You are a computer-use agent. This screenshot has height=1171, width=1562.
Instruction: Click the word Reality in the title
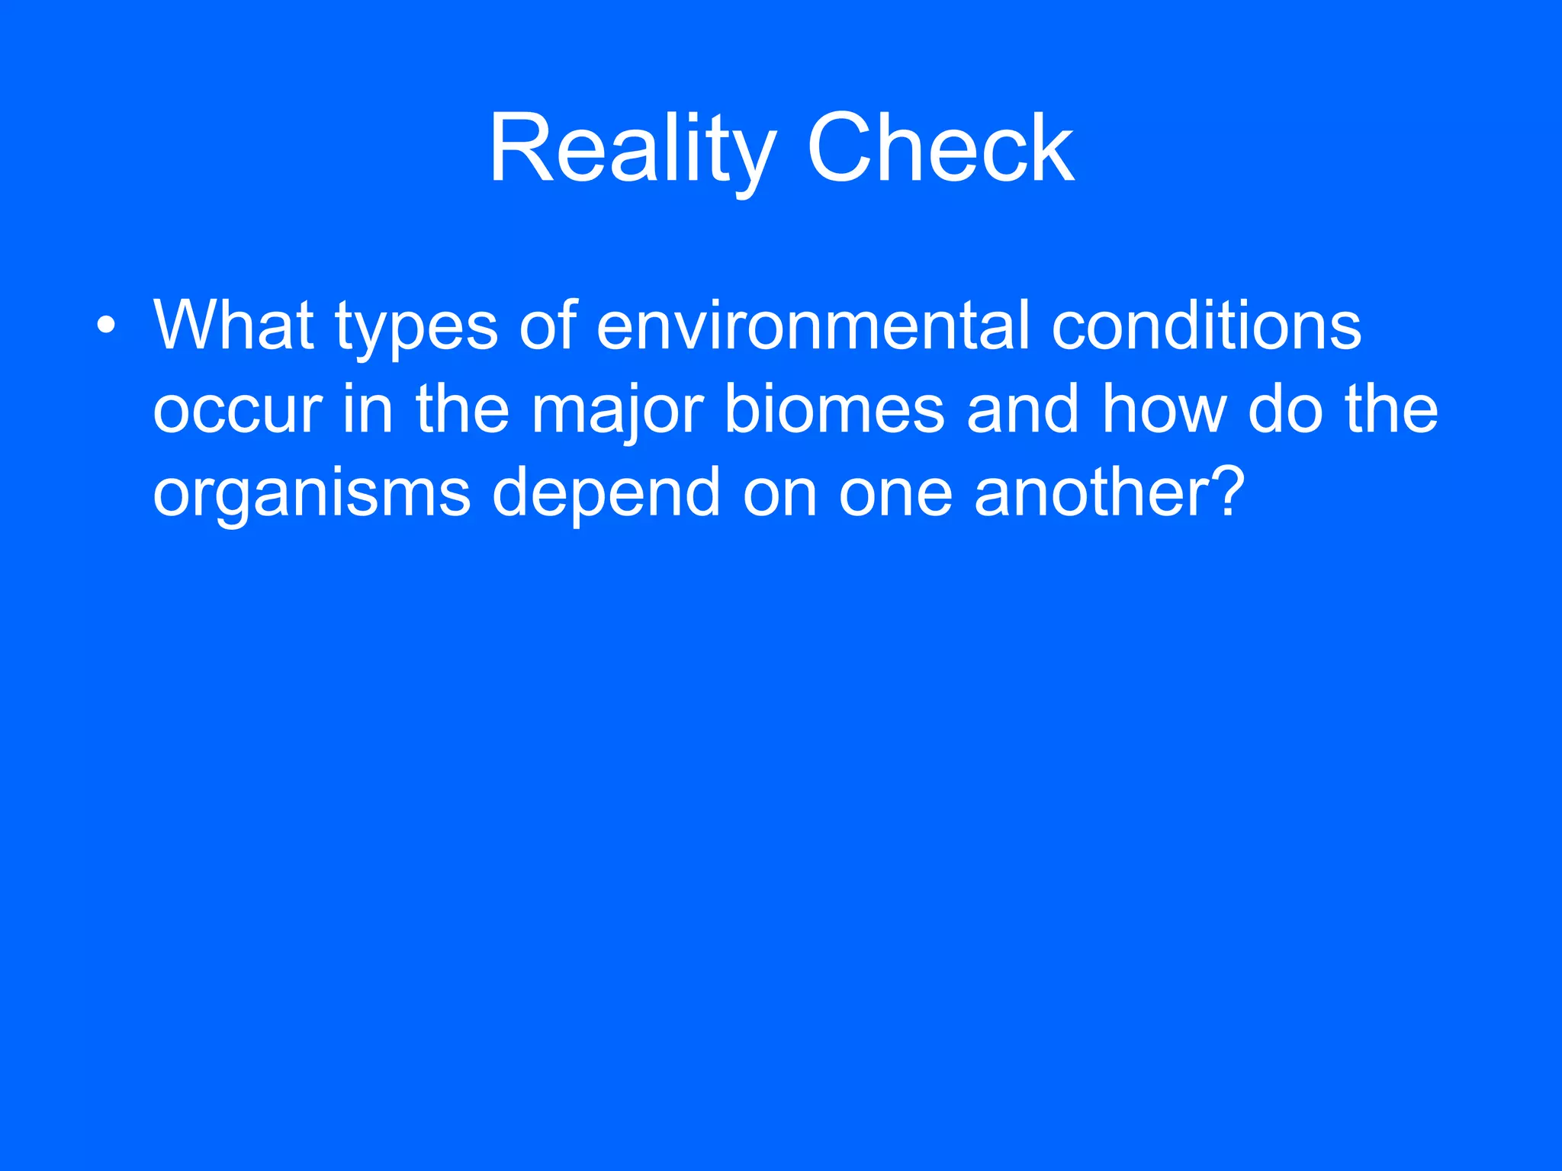pos(632,149)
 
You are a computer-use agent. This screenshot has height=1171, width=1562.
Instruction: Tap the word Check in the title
pos(940,149)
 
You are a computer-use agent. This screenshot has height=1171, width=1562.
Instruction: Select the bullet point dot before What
pos(107,326)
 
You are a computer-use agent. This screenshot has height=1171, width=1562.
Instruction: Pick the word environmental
pos(813,326)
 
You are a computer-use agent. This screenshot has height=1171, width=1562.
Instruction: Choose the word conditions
pos(1206,326)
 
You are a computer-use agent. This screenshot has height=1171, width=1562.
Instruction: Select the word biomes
pos(834,410)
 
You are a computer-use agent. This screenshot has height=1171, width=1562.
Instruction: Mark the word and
pos(1022,410)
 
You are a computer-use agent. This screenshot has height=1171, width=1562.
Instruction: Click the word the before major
pos(462,410)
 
